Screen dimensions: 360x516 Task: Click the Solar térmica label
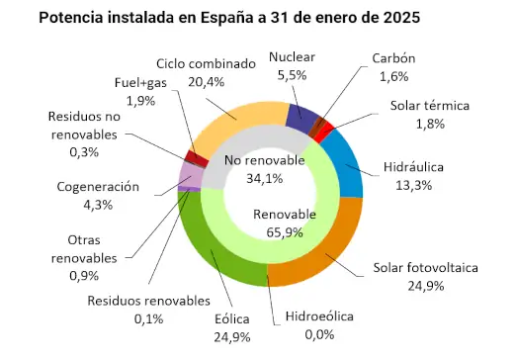coord(428,105)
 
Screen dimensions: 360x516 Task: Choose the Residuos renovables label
coord(148,301)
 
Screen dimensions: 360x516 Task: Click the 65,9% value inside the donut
coord(285,233)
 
